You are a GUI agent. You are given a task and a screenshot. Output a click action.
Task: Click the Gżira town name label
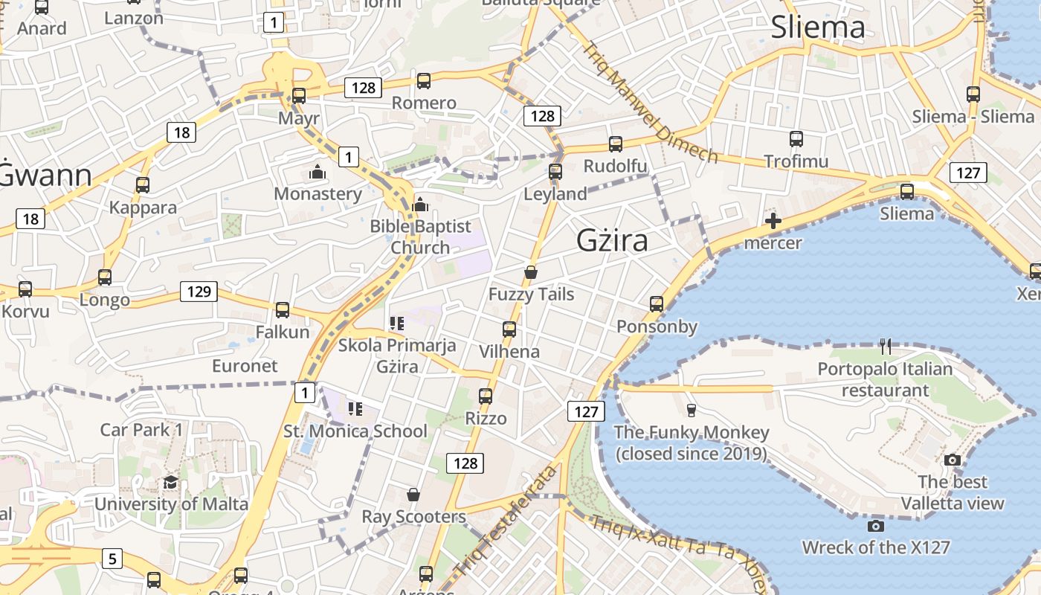pyautogui.click(x=612, y=240)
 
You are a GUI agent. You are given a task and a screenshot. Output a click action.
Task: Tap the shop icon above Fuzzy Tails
pyautogui.click(x=530, y=272)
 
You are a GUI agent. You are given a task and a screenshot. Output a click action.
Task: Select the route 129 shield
pyautogui.click(x=199, y=292)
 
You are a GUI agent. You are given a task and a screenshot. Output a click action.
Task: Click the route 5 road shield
pyautogui.click(x=111, y=558)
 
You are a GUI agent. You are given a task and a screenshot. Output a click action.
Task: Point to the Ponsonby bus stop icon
pyautogui.click(x=656, y=304)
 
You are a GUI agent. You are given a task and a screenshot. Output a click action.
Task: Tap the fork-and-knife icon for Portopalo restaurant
pyautogui.click(x=885, y=347)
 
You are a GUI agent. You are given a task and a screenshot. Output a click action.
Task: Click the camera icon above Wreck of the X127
pyautogui.click(x=876, y=527)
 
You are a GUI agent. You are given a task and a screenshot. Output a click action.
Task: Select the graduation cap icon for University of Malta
pyautogui.click(x=170, y=482)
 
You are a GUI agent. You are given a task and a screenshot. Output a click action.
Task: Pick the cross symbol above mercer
pyautogui.click(x=773, y=221)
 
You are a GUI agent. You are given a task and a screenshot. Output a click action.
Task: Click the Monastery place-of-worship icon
pyautogui.click(x=318, y=173)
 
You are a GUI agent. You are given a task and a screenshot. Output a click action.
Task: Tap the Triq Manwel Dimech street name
pyautogui.click(x=649, y=102)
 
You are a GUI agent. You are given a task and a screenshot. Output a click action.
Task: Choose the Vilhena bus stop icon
pyautogui.click(x=509, y=329)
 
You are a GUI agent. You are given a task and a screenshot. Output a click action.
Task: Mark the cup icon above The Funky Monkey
pyautogui.click(x=691, y=411)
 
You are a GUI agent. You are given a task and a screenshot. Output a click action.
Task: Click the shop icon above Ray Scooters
pyautogui.click(x=413, y=495)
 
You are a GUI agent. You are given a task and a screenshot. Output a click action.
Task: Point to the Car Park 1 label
pyautogui.click(x=141, y=429)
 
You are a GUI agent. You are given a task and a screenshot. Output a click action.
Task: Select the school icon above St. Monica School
pyautogui.click(x=355, y=409)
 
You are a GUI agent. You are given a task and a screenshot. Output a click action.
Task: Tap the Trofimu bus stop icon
pyautogui.click(x=796, y=139)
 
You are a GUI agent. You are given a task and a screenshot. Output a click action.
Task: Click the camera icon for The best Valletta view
pyautogui.click(x=952, y=460)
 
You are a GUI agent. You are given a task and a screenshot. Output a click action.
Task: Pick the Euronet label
pyautogui.click(x=245, y=366)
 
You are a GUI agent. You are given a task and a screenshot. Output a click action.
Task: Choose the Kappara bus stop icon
pyautogui.click(x=143, y=185)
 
